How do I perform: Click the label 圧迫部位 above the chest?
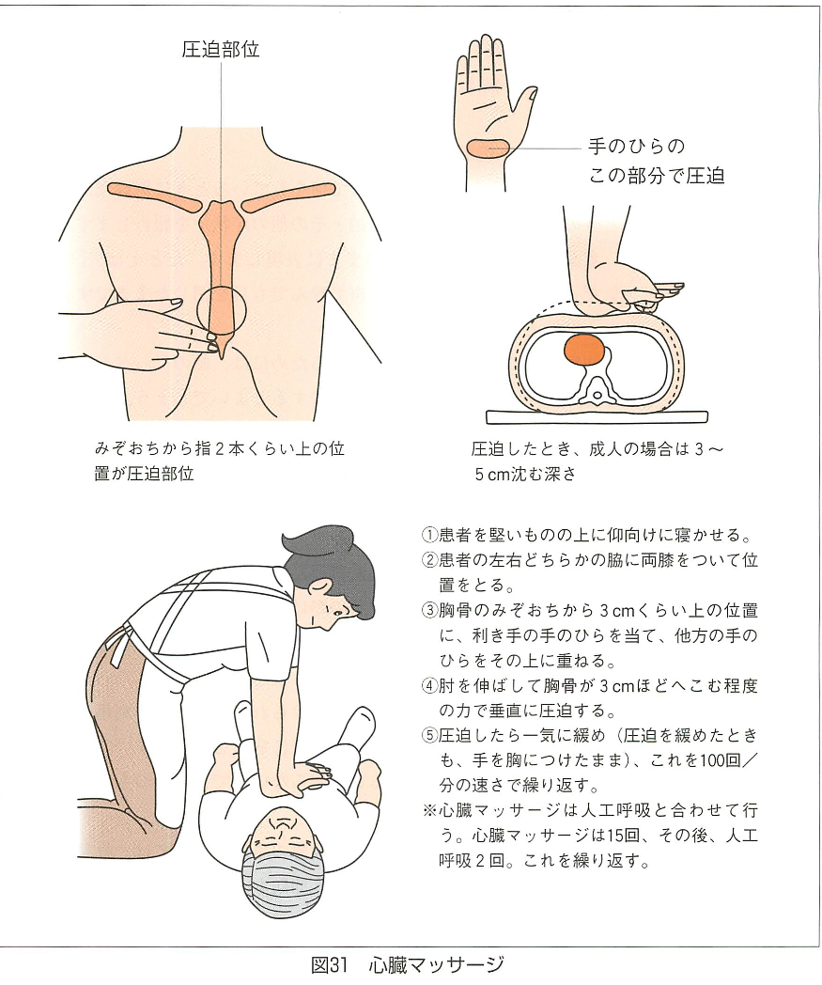tap(221, 49)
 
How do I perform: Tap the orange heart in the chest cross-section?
tap(584, 350)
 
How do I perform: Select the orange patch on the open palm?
tap(489, 148)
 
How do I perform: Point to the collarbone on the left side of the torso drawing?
tap(153, 194)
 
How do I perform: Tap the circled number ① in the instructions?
tap(428, 536)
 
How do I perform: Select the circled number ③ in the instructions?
tap(428, 611)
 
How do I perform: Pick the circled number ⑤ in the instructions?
tap(428, 736)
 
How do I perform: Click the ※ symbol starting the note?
tap(429, 811)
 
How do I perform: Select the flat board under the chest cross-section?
tap(597, 417)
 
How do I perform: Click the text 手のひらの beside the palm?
tap(636, 147)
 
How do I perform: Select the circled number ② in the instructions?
tap(428, 560)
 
